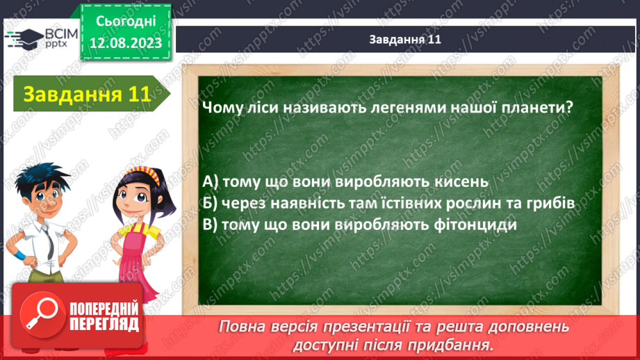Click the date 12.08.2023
coord(126,43)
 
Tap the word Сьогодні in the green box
coord(126,21)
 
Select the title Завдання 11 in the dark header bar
coord(405,40)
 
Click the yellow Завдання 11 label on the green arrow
coord(87,94)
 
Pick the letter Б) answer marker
coord(210,203)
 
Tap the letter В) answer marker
coord(210,225)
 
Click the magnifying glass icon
coord(42,313)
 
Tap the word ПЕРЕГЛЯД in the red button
coord(104,325)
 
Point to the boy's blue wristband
coord(19,256)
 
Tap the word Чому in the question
coord(221,108)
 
